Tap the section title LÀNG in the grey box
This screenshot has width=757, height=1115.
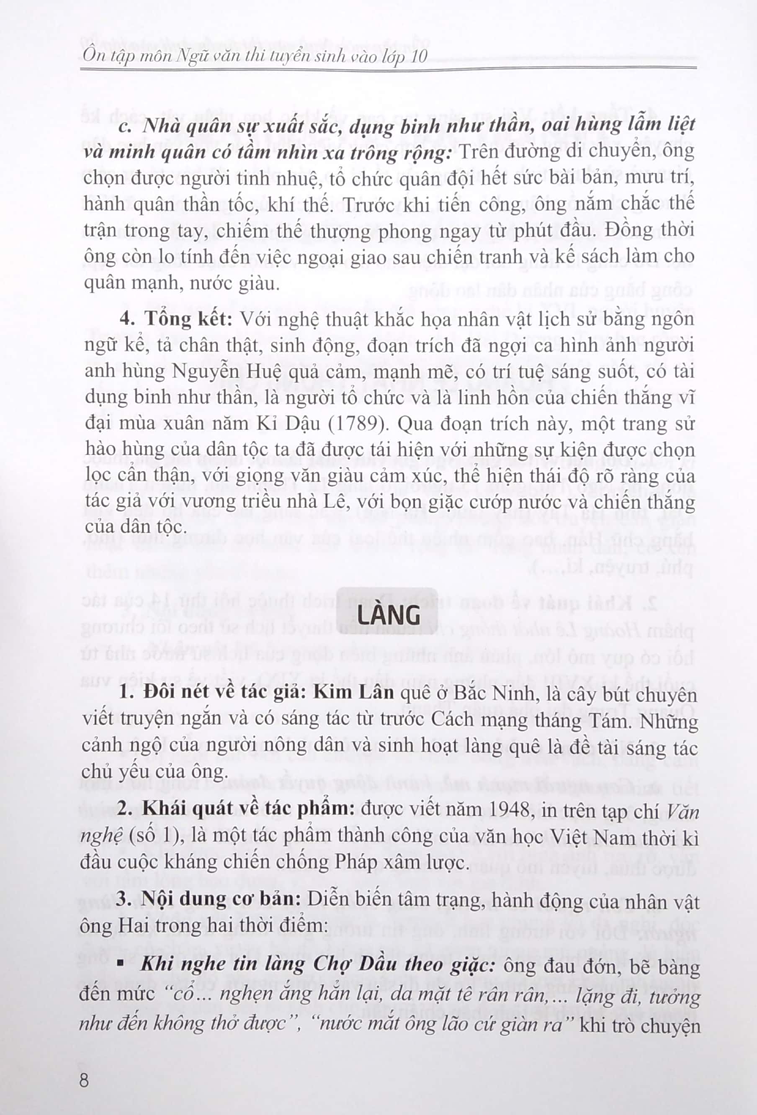tap(389, 616)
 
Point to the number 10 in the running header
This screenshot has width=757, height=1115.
tap(419, 56)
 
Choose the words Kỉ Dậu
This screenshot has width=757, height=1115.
tap(288, 423)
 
